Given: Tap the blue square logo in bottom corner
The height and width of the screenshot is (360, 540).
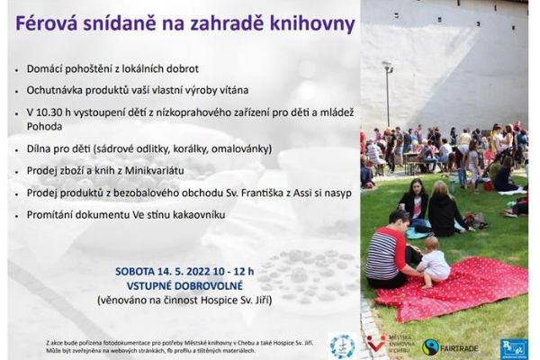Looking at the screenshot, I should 514,346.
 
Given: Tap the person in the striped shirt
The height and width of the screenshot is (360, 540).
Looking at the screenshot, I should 388,250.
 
